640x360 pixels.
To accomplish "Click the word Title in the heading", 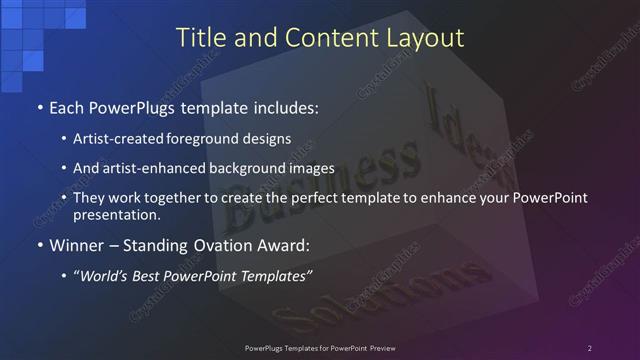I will pos(198,39).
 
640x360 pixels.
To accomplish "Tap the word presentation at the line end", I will pos(117,214).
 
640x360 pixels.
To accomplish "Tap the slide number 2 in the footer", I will pos(589,348).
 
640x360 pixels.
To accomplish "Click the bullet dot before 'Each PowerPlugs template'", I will pos(39,106).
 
